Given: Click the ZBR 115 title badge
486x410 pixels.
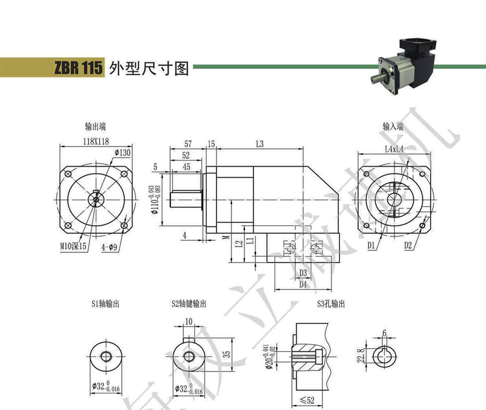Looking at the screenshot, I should coord(77,68).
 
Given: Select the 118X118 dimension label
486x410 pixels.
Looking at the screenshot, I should coord(95,141).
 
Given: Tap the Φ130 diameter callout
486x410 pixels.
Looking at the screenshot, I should coord(122,153).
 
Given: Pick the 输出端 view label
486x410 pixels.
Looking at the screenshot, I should coord(95,127).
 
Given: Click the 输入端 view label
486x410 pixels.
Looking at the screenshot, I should coord(393,127).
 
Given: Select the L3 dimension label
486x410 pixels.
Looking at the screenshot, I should coord(260,144).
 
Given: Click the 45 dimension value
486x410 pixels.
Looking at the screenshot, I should coord(186,167).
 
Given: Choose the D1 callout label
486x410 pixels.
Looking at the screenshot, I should coord(371,246).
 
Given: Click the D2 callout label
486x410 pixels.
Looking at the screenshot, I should coord(408,246).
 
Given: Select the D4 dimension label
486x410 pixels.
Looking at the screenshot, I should coord(303,285).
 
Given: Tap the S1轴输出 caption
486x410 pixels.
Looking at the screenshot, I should coord(105,304).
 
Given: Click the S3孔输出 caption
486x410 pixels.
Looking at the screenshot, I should coord(331,304).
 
